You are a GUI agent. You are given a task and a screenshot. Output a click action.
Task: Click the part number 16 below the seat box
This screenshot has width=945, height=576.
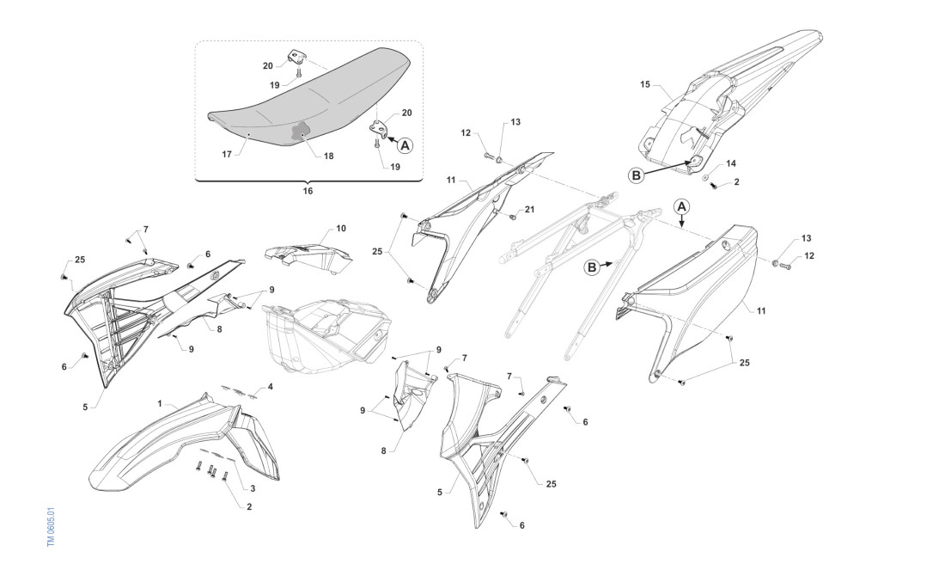308,191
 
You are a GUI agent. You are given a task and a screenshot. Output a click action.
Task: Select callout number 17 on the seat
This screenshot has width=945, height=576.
227,155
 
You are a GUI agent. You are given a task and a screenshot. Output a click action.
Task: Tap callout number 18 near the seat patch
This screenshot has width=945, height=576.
330,156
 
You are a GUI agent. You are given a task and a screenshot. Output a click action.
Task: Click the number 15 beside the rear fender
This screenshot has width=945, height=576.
645,85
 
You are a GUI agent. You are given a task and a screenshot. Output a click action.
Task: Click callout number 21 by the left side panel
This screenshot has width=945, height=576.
529,211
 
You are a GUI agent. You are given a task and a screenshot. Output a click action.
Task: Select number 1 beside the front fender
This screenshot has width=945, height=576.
160,402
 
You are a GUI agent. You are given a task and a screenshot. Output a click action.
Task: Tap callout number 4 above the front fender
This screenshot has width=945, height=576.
270,387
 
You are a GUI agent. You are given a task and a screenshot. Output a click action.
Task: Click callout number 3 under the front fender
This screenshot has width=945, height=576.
253,488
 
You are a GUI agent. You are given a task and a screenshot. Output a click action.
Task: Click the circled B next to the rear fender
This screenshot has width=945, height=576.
637,175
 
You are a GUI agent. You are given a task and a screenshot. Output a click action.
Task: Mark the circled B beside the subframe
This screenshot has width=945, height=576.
591,267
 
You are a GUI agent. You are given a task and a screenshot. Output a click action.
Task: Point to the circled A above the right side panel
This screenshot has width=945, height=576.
680,206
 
